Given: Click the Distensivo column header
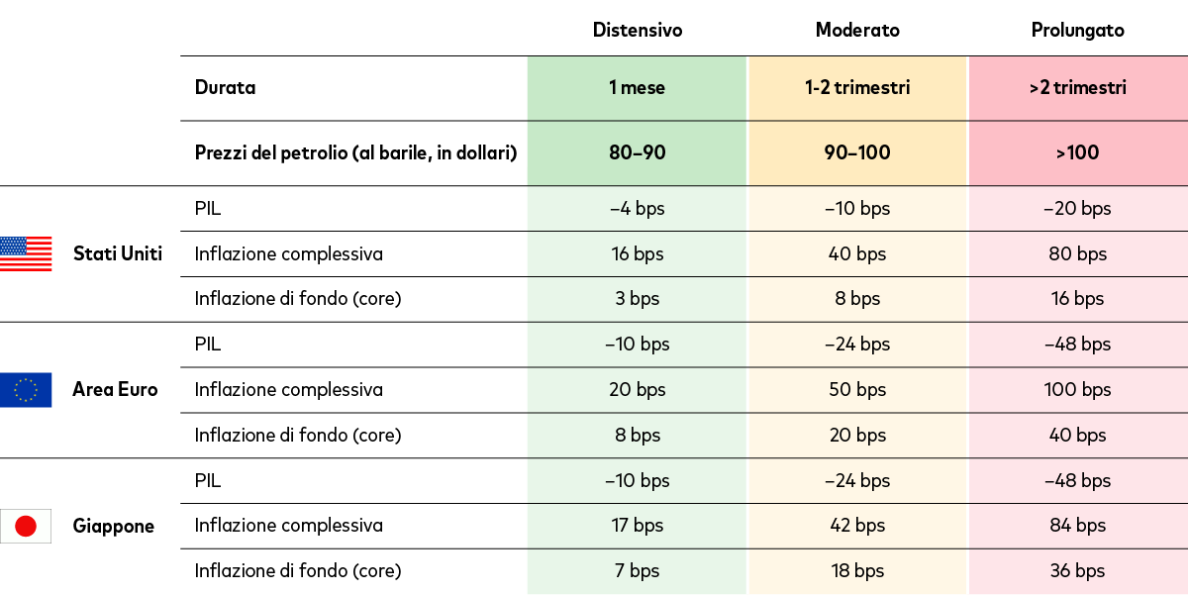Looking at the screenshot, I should coord(637,30).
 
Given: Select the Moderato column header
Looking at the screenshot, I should coord(857,30).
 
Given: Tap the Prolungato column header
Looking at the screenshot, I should coord(1077,30).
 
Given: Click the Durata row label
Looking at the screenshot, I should coord(225,87).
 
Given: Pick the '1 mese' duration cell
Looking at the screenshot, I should coord(637,87).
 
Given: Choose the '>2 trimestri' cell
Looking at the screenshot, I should coord(1077,87).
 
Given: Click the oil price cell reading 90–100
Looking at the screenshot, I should coord(857,152).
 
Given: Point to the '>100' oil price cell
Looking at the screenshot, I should coord(1077,152).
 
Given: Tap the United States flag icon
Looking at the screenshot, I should coord(26,253).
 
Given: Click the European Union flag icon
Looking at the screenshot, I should coord(26,389).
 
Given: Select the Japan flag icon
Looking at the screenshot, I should coord(26,526).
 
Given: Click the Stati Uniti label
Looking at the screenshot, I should coord(118,253).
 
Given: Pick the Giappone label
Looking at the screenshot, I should coord(114,526).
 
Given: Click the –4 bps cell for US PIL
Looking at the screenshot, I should coord(637,208).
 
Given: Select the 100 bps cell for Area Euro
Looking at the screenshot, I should coord(1077,389).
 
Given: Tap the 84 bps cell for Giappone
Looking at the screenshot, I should coord(1077,525).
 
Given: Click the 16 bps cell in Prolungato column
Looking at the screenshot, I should coord(1077,298).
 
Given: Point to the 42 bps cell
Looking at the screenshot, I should coord(857,525).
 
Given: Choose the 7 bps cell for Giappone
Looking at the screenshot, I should coord(637,570).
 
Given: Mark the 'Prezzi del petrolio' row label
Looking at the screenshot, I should coord(355,152).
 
